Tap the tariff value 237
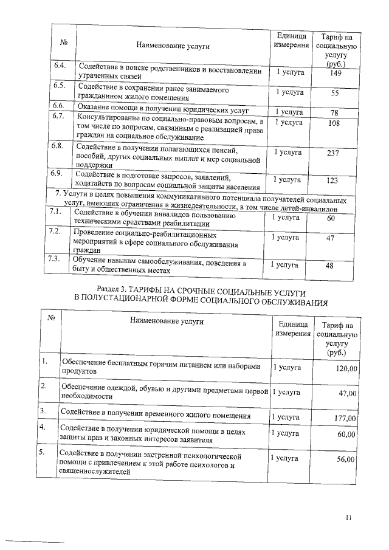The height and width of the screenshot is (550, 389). [332, 153]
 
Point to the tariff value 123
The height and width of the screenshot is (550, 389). [332, 180]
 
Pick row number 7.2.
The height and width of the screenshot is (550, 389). [53, 232]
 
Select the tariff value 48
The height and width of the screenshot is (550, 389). [330, 266]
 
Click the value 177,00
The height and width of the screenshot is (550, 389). [345, 418]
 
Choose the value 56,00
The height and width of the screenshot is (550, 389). [346, 459]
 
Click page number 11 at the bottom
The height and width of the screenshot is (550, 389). [348, 518]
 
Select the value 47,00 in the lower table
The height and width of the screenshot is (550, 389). [347, 393]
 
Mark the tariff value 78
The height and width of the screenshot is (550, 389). [334, 112]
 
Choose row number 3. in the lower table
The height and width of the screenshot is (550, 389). [44, 411]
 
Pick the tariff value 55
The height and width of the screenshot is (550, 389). [334, 93]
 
